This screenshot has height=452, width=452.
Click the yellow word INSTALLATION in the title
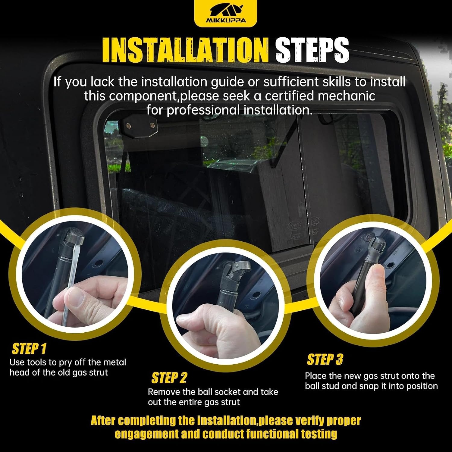pos(185,50)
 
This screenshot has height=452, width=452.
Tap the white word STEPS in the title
pos(312,50)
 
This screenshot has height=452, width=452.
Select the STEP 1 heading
pos(29,349)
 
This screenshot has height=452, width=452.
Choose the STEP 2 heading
pos(169,378)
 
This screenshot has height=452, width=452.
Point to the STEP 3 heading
pos(325,359)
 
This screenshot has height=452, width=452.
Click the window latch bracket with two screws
pos(139,125)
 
